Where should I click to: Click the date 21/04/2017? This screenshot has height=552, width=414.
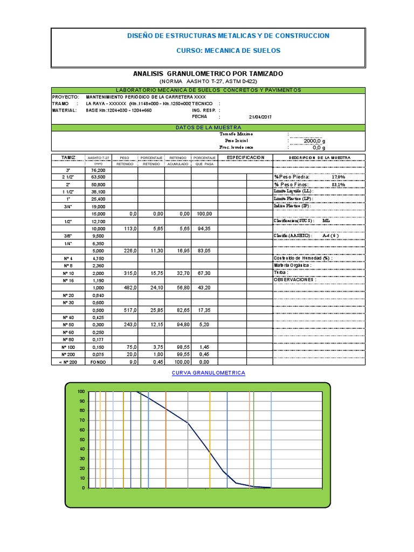click(x=261, y=116)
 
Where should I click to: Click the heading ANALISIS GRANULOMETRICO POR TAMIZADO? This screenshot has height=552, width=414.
click(x=208, y=73)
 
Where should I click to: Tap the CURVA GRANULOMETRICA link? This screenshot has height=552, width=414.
click(x=208, y=373)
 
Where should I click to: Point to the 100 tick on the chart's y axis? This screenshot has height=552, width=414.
click(x=81, y=391)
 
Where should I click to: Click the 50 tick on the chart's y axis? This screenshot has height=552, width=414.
click(x=81, y=439)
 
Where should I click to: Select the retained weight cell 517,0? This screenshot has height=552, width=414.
click(x=125, y=311)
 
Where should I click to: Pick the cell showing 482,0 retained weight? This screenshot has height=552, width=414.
click(x=125, y=288)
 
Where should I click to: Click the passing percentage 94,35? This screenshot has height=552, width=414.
click(x=205, y=228)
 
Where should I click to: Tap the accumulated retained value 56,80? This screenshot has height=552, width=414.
click(x=178, y=288)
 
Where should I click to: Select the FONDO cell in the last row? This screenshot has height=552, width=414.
click(x=98, y=362)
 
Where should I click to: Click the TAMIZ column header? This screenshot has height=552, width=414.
click(x=68, y=157)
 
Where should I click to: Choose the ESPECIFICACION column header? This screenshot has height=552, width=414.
click(x=245, y=157)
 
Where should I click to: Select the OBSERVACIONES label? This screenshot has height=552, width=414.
click(x=295, y=280)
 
